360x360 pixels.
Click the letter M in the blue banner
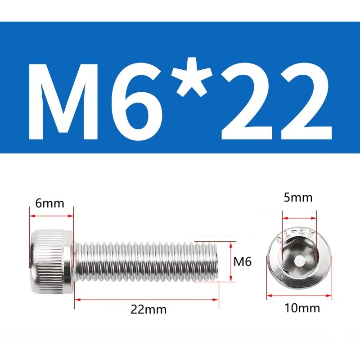click(x=63, y=102)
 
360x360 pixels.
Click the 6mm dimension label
click(x=49, y=203)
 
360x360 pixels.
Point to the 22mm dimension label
click(x=148, y=309)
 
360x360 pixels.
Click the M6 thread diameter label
click(x=243, y=261)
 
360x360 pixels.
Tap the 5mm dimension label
click(x=298, y=198)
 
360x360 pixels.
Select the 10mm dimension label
click(x=302, y=308)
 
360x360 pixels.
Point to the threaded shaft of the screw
click(x=146, y=261)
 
